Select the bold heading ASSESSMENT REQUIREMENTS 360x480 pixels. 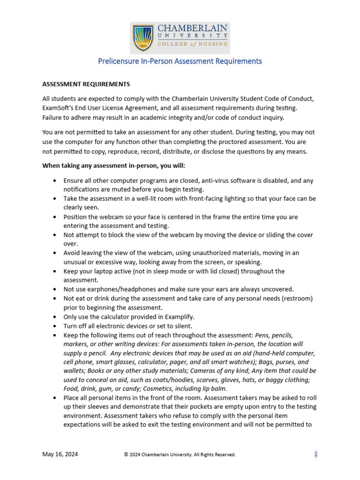click(x=86, y=84)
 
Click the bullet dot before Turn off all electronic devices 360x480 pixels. click(x=56, y=326)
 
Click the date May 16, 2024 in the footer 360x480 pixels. click(x=60, y=454)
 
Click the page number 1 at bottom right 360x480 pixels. click(x=316, y=454)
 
